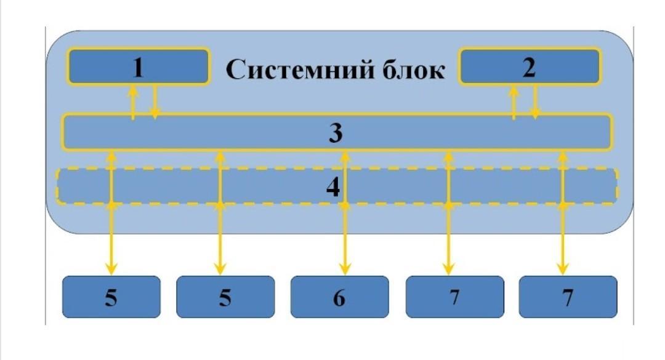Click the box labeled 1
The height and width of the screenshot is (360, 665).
139,66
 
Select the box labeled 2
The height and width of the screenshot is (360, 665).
530,66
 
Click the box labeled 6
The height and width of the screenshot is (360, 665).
339,297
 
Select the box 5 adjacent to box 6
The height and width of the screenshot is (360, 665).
225,297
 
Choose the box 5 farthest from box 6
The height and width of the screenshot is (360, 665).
111,297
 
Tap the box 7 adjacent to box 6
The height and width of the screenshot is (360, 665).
454,297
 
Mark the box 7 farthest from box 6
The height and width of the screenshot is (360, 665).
568,297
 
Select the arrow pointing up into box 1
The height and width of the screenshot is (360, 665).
133,102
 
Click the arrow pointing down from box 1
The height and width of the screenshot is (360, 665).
155,102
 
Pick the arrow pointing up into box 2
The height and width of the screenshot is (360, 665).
514,102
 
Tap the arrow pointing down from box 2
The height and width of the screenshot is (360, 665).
535,102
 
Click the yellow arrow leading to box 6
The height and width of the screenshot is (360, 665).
345,213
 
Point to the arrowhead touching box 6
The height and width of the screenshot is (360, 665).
345,269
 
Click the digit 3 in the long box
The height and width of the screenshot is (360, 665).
336,133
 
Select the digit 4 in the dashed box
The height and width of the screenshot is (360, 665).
333,187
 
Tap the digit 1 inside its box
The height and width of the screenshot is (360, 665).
139,68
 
